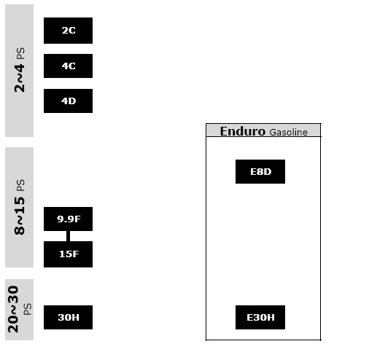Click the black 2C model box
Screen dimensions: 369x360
point(68,31)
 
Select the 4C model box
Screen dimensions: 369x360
point(68,66)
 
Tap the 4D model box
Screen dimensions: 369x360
point(68,101)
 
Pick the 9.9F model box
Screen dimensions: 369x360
point(68,219)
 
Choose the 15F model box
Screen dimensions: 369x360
point(68,254)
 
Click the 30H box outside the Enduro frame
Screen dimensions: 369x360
point(68,317)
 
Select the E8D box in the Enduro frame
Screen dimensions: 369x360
point(260,171)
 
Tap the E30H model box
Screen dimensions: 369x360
point(260,317)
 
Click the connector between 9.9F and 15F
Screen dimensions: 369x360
point(68,236)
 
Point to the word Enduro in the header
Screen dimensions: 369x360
point(243,131)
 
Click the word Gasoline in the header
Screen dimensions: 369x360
point(289,133)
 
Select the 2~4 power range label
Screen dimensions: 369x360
point(20,78)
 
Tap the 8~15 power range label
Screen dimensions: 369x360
point(20,216)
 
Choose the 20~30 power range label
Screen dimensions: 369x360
point(13,309)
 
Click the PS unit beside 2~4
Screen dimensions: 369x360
point(20,53)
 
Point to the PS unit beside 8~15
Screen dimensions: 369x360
point(20,185)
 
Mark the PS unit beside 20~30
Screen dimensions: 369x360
point(28,309)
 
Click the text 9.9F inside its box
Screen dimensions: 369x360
point(69,219)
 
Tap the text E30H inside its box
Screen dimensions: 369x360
point(260,318)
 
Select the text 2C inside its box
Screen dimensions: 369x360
point(69,31)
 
